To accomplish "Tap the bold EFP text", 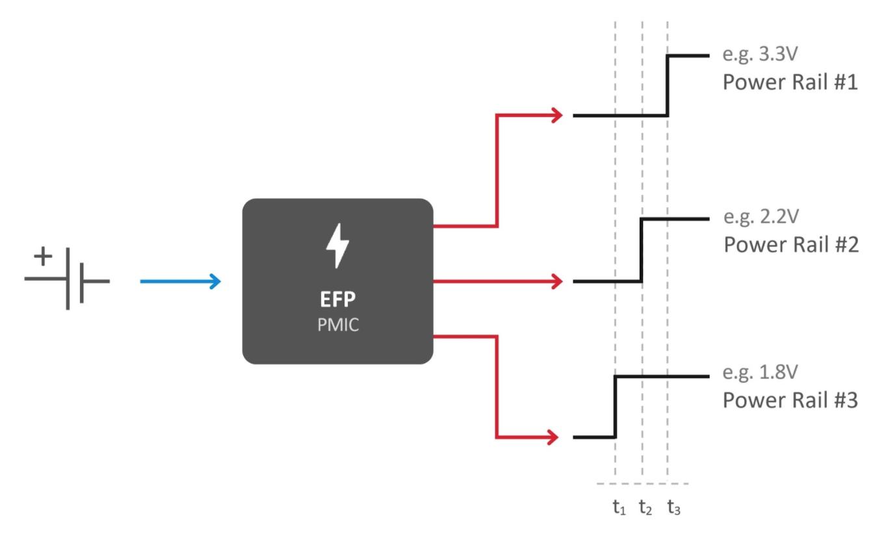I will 337,300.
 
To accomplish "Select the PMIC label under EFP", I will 337,324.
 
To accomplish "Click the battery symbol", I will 68,281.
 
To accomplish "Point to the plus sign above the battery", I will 43,257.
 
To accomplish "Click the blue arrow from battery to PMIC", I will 181,281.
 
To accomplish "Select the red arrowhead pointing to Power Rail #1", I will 556,116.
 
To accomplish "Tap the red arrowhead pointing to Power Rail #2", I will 556,281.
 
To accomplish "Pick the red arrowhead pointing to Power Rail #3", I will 553,437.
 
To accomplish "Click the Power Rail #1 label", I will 790,83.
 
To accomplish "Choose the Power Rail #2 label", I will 790,245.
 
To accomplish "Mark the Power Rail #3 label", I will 790,400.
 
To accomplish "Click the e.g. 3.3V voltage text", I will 759,54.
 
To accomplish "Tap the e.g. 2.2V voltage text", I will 759,217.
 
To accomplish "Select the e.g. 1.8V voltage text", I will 759,373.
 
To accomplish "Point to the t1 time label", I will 618,508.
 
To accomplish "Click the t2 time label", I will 645,508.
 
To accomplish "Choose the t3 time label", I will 673,508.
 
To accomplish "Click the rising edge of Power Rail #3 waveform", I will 615,407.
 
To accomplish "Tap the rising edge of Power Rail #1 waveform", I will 668,86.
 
